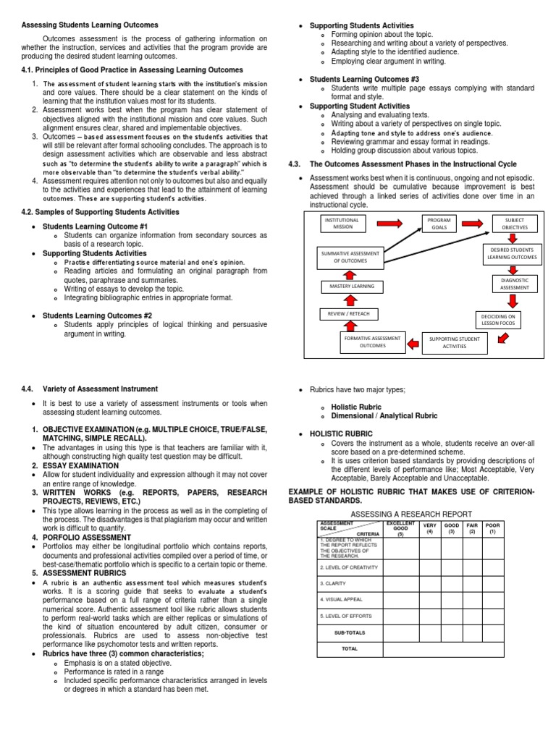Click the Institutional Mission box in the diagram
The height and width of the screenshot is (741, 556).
(340, 223)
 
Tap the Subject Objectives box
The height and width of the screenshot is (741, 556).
(515, 223)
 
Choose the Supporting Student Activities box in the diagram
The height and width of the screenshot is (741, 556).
(455, 342)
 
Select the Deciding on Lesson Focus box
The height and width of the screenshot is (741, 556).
(499, 319)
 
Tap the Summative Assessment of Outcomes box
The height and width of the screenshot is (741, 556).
(350, 256)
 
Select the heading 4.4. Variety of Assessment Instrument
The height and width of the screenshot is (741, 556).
(90, 389)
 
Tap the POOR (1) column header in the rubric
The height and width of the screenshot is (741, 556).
(493, 528)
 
